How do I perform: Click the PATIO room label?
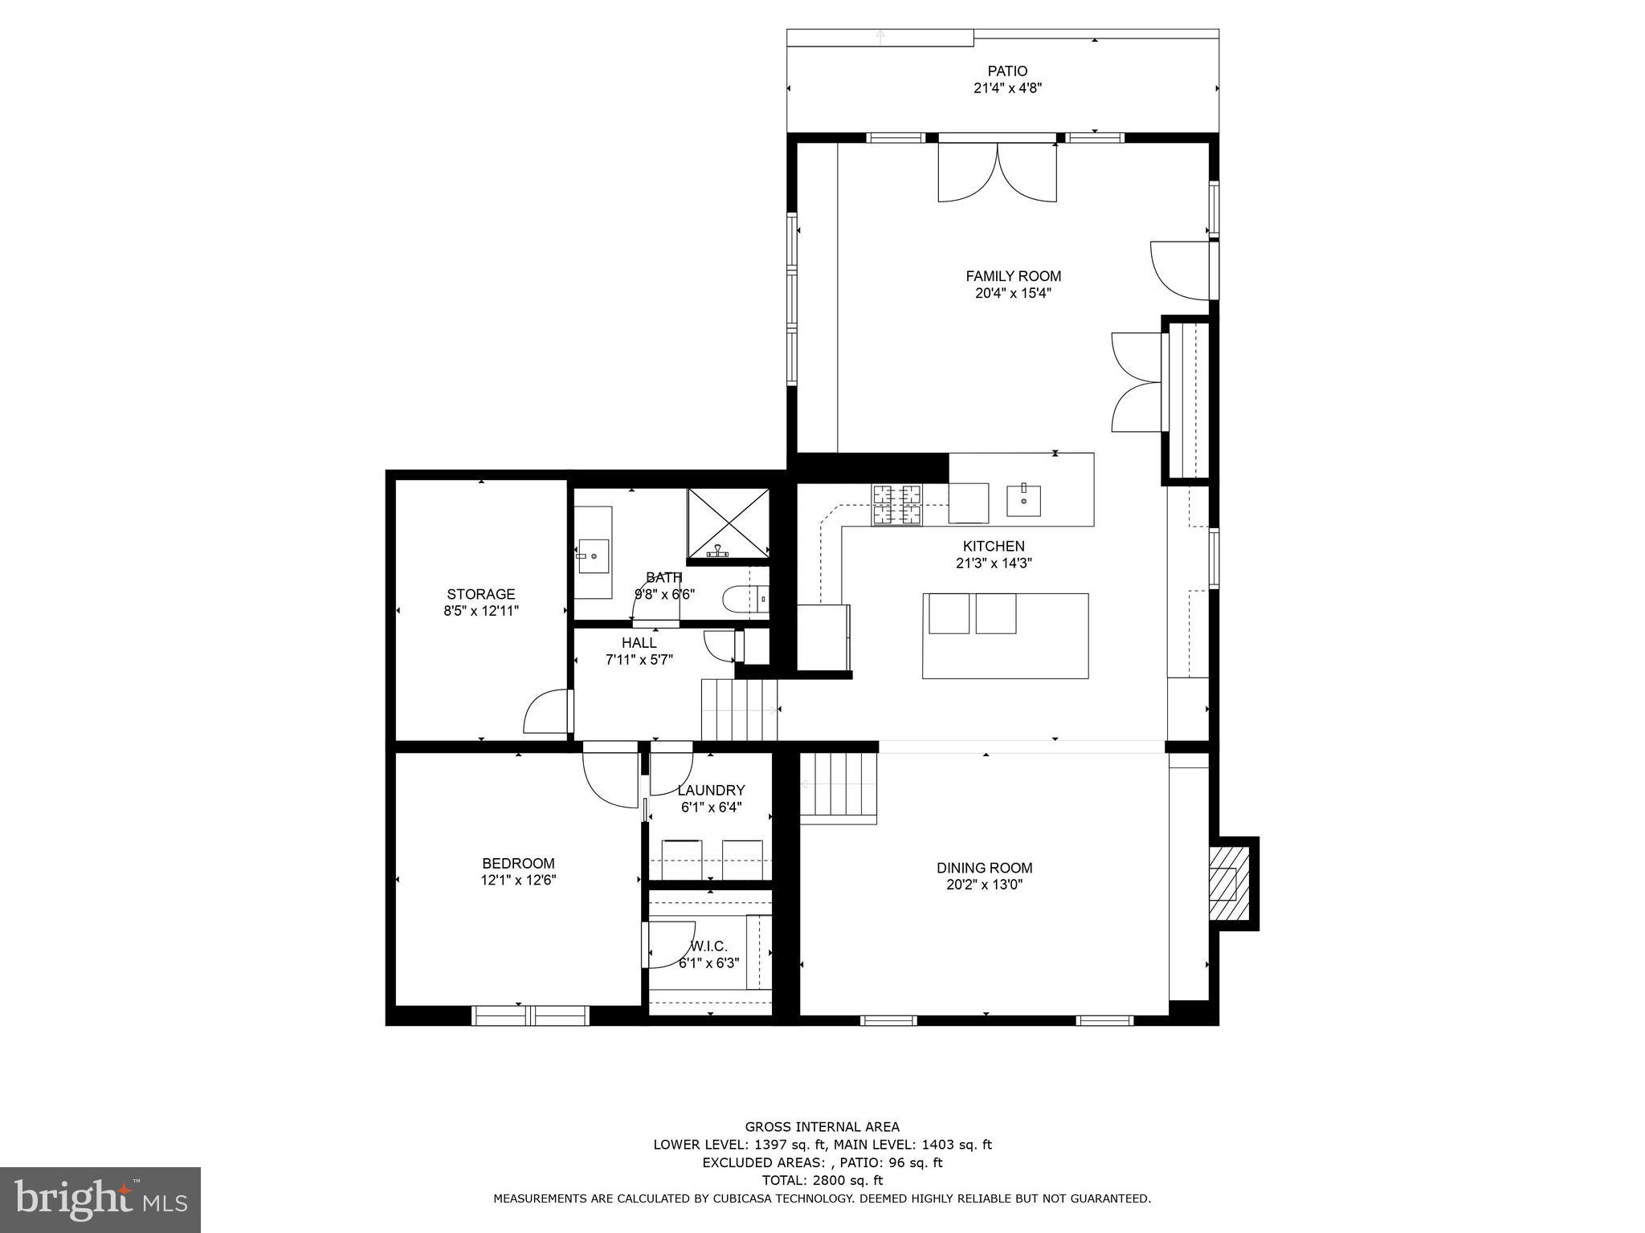click(1007, 71)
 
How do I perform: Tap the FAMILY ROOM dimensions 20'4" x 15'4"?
click(1013, 294)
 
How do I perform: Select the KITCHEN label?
click(994, 547)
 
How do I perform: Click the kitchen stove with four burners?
click(898, 506)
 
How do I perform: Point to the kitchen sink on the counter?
click(1024, 501)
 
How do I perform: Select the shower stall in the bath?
click(728, 523)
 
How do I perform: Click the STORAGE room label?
click(481, 594)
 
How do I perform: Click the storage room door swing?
click(546, 713)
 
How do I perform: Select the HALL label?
click(639, 643)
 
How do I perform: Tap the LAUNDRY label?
click(711, 791)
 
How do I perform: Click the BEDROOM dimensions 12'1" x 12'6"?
click(518, 880)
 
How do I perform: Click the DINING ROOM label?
click(984, 868)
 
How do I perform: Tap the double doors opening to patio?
click(997, 173)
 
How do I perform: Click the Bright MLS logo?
click(100, 1199)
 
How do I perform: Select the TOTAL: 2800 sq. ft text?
click(822, 1180)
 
